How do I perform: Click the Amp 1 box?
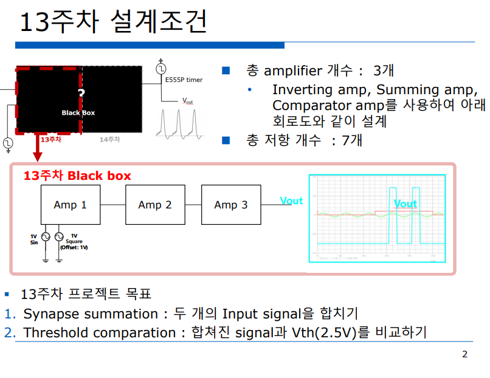(70, 205)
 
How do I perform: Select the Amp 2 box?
(155, 205)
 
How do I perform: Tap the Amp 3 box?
(231, 205)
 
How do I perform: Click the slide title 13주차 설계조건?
(114, 22)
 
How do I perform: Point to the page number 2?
(465, 354)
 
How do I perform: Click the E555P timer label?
(184, 80)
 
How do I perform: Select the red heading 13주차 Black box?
(77, 176)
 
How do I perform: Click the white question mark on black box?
(81, 93)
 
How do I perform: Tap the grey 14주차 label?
(110, 139)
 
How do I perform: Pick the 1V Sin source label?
(34, 239)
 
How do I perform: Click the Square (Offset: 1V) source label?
(74, 241)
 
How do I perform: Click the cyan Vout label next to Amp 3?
(291, 201)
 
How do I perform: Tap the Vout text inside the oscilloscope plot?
(405, 204)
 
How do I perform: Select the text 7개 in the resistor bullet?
(352, 140)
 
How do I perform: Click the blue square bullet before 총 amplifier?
(226, 70)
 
